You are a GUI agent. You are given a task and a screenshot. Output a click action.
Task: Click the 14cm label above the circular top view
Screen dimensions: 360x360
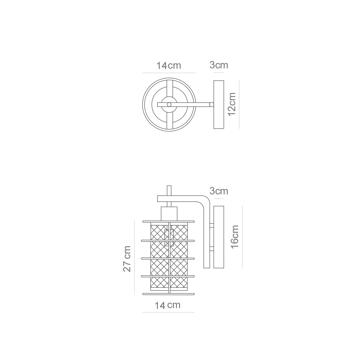coord(169,66)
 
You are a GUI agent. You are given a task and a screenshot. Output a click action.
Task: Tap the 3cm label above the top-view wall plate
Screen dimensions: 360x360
coord(219,65)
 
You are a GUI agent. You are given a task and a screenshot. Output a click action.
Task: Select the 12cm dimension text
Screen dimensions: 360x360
coord(232,104)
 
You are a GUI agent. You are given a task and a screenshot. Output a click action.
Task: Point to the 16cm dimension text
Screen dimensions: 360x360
coord(235,237)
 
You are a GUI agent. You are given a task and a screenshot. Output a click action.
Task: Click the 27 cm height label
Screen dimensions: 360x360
coord(127,259)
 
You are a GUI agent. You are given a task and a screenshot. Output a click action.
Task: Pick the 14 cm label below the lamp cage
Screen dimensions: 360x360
coord(168,305)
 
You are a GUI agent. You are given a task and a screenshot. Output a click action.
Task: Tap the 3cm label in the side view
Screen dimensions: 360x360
coord(219,191)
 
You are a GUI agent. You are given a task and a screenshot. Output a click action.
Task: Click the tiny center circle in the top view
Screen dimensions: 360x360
coord(169,104)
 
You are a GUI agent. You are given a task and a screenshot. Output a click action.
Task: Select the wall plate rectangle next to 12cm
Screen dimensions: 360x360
coord(219,105)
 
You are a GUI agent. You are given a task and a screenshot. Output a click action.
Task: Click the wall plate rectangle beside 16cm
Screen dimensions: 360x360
coord(219,237)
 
